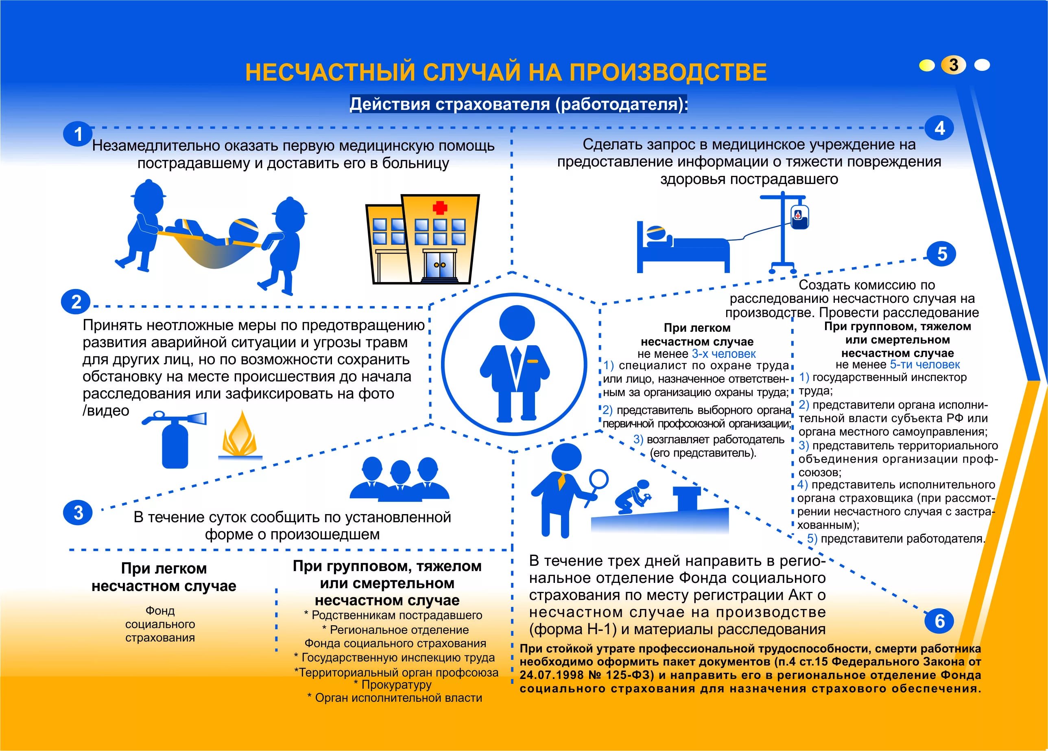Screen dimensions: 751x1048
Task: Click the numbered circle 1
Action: [x=78, y=134]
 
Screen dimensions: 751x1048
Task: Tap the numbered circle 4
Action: [x=939, y=128]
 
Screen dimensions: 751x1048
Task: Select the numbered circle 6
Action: [x=939, y=621]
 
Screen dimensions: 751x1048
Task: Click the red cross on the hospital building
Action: [x=439, y=208]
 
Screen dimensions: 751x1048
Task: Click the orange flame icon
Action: [x=239, y=435]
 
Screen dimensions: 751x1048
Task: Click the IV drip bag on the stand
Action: [x=799, y=217]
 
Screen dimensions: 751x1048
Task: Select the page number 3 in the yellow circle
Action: [x=953, y=65]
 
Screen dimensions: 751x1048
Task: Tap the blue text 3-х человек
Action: [x=724, y=354]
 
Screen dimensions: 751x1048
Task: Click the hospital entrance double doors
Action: [x=439, y=265]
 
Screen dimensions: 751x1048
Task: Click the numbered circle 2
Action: [x=76, y=302]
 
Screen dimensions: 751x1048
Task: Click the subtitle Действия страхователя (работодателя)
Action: [x=518, y=104]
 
